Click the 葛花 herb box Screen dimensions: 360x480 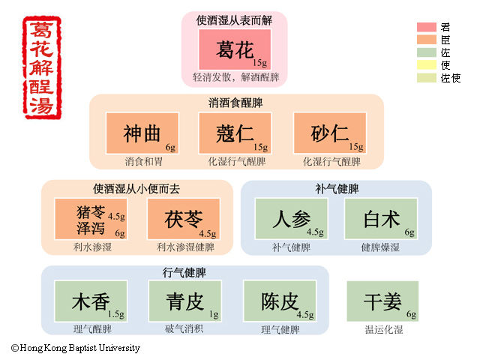233,49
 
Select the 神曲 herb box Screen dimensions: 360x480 142,133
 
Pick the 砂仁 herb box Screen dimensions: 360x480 329,133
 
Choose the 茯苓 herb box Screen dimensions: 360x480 184,219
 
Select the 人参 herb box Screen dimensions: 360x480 291,219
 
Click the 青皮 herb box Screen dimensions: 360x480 184,301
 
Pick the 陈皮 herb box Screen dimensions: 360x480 279,301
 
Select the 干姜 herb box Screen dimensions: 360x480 382,301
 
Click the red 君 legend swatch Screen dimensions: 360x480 426,28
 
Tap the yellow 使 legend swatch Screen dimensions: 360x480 426,65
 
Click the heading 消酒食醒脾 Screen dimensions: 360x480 235,103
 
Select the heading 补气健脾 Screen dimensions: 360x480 337,188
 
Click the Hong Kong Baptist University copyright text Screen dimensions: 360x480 75,348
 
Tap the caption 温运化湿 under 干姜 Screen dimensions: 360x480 382,328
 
